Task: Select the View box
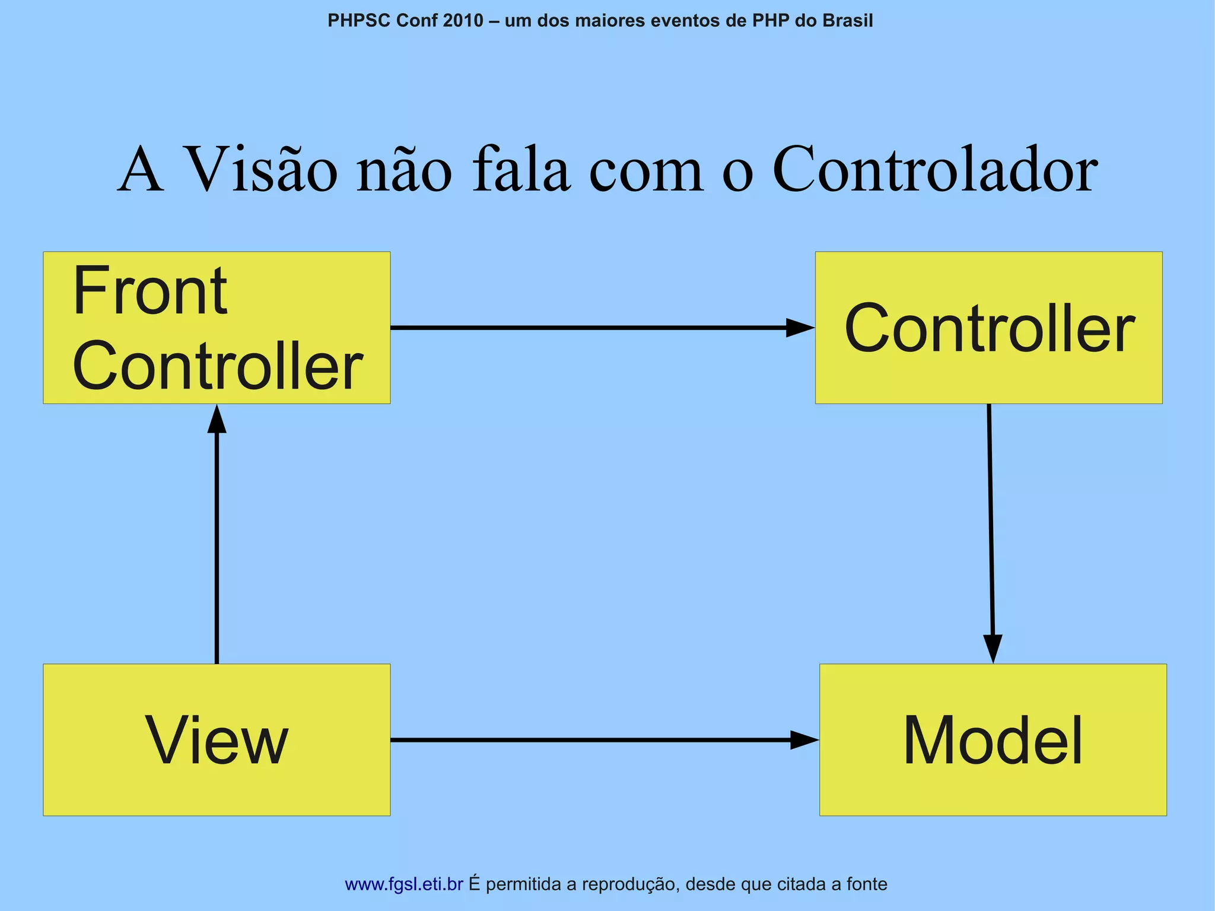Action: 217,739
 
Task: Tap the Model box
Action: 993,739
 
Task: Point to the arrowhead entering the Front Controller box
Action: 217,419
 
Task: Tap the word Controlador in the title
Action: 935,170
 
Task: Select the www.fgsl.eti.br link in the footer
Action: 403,884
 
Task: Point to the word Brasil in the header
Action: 847,21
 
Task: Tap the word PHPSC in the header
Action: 359,21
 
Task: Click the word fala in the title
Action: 520,170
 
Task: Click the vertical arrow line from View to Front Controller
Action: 217,546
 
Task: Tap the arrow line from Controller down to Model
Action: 990,522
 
